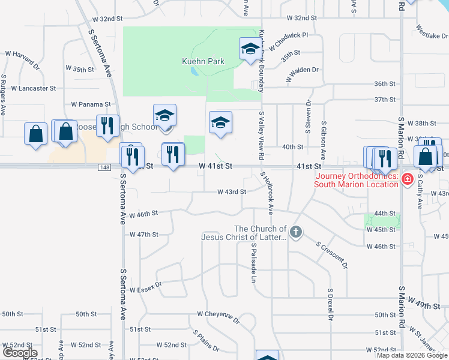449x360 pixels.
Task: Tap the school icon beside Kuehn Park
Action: pyautogui.click(x=250, y=49)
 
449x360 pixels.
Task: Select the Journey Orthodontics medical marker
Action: pyautogui.click(x=408, y=178)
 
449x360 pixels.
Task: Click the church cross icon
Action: pyautogui.click(x=295, y=232)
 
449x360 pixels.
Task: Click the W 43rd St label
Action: pyautogui.click(x=231, y=192)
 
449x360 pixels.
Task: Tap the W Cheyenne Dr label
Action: pyautogui.click(x=218, y=314)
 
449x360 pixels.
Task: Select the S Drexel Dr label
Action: pyautogui.click(x=330, y=304)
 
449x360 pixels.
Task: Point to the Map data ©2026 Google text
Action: pyautogui.click(x=412, y=355)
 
